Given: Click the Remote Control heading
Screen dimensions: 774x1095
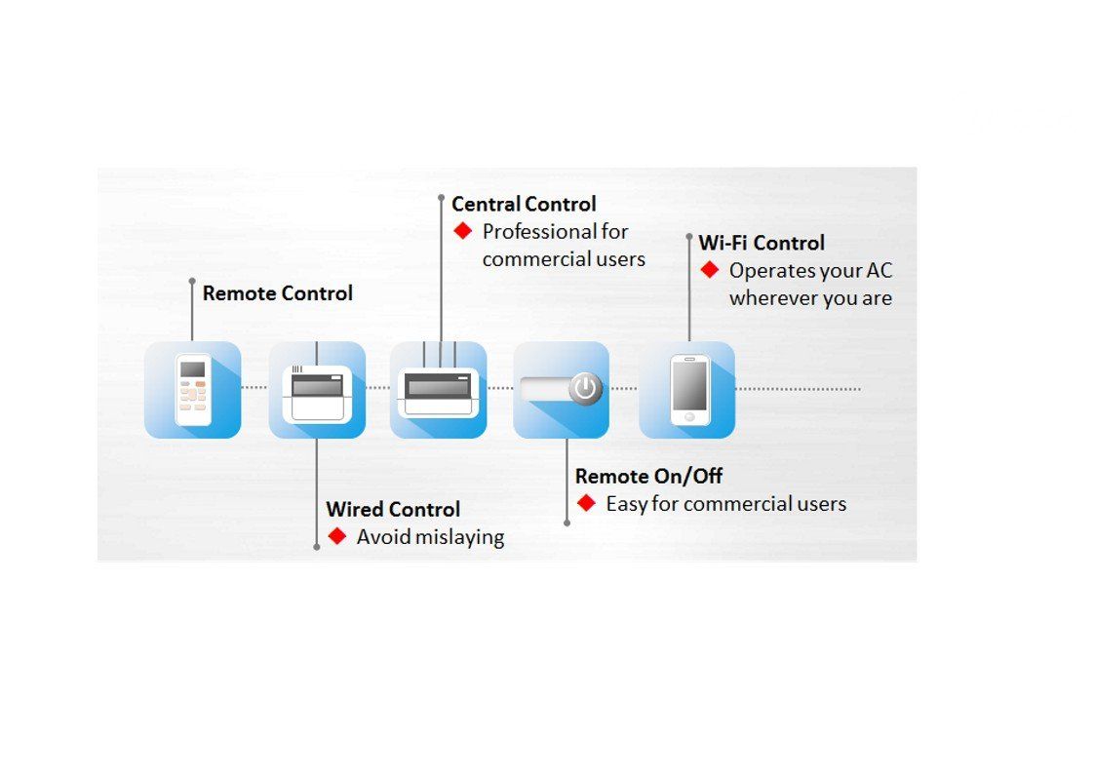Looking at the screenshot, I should click(x=277, y=293).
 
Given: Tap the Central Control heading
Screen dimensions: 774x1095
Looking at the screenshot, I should click(x=524, y=205).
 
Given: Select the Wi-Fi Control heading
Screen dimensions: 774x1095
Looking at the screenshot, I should click(x=762, y=243).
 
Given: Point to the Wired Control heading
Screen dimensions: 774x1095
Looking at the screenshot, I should click(x=393, y=509).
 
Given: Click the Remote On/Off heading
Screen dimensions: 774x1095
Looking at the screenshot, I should click(x=648, y=477).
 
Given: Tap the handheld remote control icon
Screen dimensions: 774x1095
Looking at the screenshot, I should click(x=193, y=389).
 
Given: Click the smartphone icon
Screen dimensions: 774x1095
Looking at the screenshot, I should click(x=689, y=389).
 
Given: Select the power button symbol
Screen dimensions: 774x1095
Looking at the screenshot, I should click(x=585, y=388).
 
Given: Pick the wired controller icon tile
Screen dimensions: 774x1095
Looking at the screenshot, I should click(x=317, y=390).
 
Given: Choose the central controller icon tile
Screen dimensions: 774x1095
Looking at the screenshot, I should click(x=439, y=390).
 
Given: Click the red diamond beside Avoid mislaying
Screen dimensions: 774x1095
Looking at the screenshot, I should click(x=337, y=536).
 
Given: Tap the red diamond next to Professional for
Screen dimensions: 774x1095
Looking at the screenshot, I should click(x=463, y=231).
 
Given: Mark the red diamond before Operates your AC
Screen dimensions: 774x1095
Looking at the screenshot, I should click(x=710, y=270).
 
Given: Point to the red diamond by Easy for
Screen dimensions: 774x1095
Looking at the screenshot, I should click(x=586, y=503).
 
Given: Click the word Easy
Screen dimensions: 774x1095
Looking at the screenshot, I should click(x=627, y=504).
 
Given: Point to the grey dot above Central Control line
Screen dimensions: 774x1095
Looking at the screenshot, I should click(x=441, y=198).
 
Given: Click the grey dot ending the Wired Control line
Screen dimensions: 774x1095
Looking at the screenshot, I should click(x=317, y=547).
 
